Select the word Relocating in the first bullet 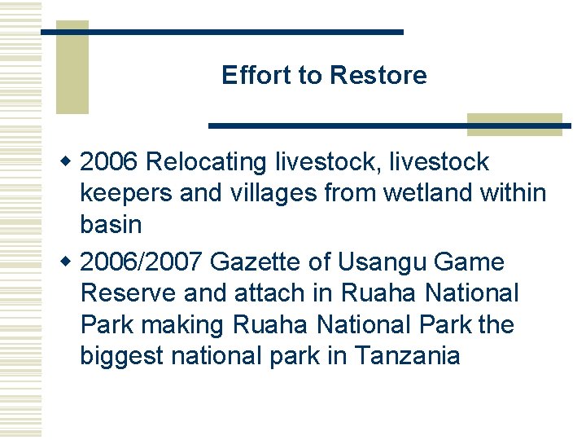(208, 162)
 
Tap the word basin (111, 223)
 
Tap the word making (183, 324)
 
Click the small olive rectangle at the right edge (514, 124)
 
